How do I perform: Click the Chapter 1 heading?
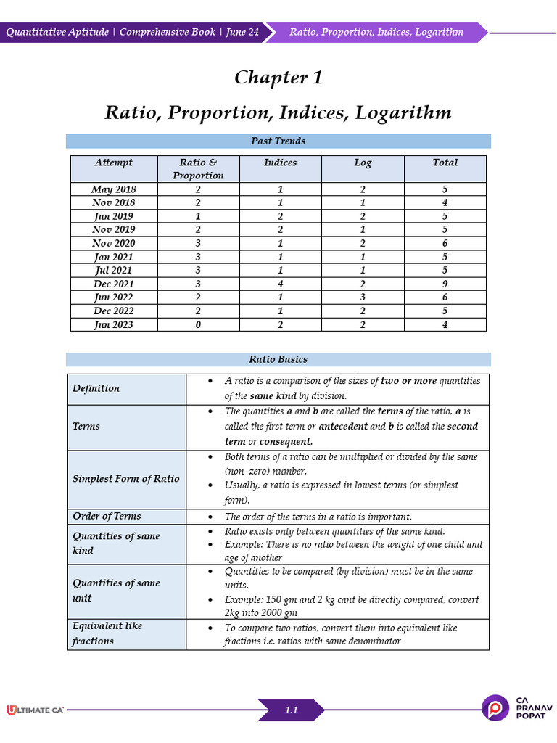pos(278,78)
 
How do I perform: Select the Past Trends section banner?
pos(278,141)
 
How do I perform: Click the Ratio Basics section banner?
pos(278,359)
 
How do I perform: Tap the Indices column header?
pos(280,163)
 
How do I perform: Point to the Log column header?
pos(363,163)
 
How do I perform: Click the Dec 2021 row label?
pos(114,284)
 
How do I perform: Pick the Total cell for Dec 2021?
pos(445,284)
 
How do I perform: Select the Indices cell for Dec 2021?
pos(280,284)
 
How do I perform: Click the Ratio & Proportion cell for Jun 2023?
pos(198,324)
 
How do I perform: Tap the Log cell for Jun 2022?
pos(363,297)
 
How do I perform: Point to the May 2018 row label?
pos(114,189)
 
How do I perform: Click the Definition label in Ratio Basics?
pos(96,388)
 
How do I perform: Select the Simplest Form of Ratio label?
pos(125,479)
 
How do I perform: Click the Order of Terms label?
pos(107,516)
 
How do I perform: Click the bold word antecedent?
pos(340,427)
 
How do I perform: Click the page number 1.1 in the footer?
pos(291,710)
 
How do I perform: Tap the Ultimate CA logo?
pos(35,710)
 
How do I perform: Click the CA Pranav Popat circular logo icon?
pos(496,708)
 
